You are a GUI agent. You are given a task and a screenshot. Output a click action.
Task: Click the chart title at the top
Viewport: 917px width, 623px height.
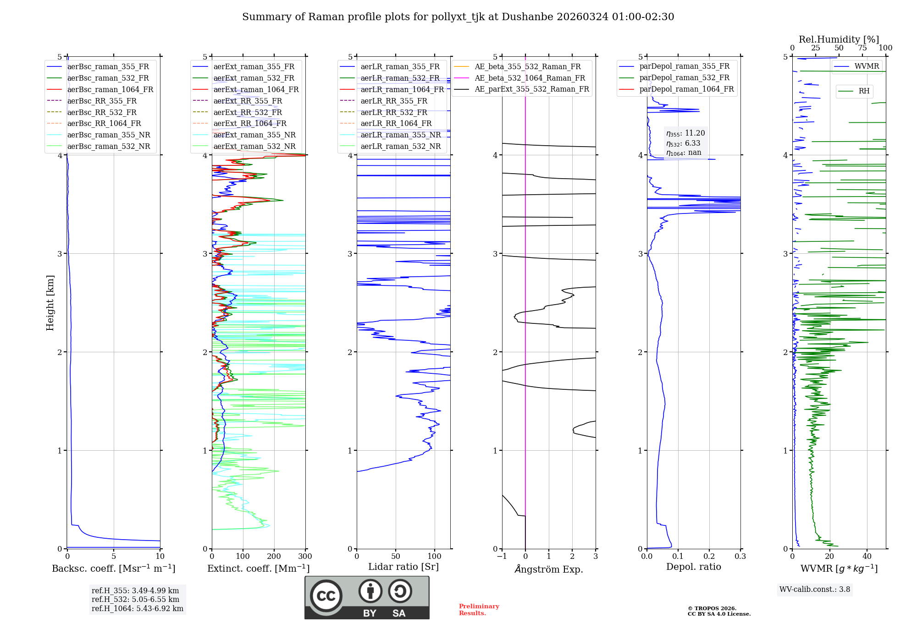458,17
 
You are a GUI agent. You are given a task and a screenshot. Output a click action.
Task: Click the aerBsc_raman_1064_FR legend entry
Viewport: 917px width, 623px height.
110,89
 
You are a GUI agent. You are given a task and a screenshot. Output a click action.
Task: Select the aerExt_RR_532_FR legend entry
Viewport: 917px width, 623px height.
248,112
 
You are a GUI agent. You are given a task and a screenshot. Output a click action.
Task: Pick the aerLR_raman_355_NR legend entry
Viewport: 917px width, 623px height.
400,135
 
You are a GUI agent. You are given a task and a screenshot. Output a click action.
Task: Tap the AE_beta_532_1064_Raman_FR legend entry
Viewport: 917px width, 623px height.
530,78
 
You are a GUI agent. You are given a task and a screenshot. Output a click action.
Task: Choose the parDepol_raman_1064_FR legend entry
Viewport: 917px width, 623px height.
686,89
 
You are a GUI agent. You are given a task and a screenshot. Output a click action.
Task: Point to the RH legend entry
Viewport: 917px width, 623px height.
864,91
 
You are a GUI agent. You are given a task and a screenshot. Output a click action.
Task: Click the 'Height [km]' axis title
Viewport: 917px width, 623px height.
50,303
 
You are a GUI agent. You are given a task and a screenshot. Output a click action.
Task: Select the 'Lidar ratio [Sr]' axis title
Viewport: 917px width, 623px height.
403,567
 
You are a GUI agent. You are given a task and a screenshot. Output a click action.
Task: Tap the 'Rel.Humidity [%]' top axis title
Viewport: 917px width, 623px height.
839,39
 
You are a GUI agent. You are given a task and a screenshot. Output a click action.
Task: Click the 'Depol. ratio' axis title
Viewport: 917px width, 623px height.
693,567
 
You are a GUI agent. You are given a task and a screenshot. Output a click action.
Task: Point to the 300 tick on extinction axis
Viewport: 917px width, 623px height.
305,557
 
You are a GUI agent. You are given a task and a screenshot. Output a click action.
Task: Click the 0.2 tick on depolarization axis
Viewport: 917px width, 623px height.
709,557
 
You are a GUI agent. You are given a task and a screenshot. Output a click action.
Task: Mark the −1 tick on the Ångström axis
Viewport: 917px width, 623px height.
502,557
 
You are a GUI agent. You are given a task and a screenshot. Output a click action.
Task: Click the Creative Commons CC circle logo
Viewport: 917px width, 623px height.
326,596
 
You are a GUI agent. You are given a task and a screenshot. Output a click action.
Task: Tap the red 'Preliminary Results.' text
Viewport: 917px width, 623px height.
479,609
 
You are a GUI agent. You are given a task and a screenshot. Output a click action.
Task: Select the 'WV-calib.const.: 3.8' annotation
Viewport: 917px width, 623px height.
814,590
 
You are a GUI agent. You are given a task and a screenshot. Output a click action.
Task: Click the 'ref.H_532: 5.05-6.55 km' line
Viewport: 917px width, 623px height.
135,600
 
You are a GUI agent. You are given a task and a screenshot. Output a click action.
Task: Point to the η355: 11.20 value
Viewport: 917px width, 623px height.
685,133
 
